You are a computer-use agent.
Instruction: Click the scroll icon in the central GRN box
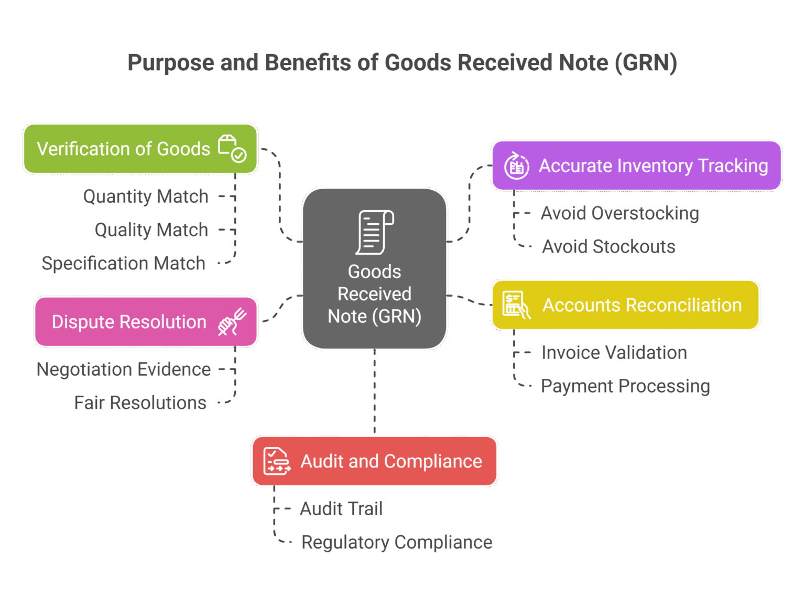pos(375,232)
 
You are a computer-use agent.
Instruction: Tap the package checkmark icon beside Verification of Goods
pos(232,149)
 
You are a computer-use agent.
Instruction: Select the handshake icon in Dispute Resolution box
pos(232,322)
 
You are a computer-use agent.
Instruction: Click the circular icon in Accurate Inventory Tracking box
pos(517,166)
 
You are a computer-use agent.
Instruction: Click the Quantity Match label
pos(146,197)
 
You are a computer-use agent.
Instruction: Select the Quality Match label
pos(151,230)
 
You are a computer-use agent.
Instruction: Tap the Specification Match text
pos(124,264)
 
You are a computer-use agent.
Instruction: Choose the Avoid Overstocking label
pos(620,213)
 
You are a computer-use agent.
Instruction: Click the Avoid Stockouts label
pos(608,247)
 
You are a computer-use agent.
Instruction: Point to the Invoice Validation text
pos(614,353)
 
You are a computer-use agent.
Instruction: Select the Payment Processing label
pos(625,386)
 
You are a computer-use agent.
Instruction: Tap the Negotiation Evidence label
pos(124,369)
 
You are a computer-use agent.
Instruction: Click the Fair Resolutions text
pos(140,403)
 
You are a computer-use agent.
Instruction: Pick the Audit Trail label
pos(341,509)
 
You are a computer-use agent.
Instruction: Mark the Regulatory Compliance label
pos(397,542)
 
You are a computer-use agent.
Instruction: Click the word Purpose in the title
pos(170,63)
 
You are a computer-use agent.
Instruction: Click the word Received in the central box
pos(374,294)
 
